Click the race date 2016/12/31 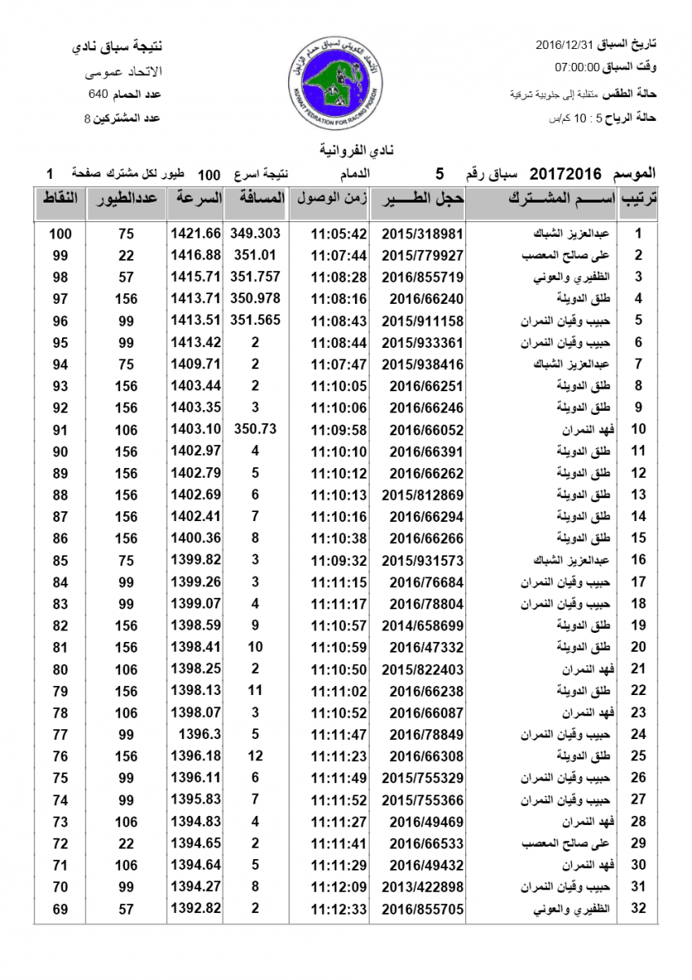(x=566, y=43)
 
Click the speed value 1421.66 (x=196, y=234)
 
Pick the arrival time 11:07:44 (x=339, y=255)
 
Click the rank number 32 (x=639, y=908)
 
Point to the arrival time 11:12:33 (x=339, y=908)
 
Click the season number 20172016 (x=566, y=174)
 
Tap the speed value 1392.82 (x=196, y=908)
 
